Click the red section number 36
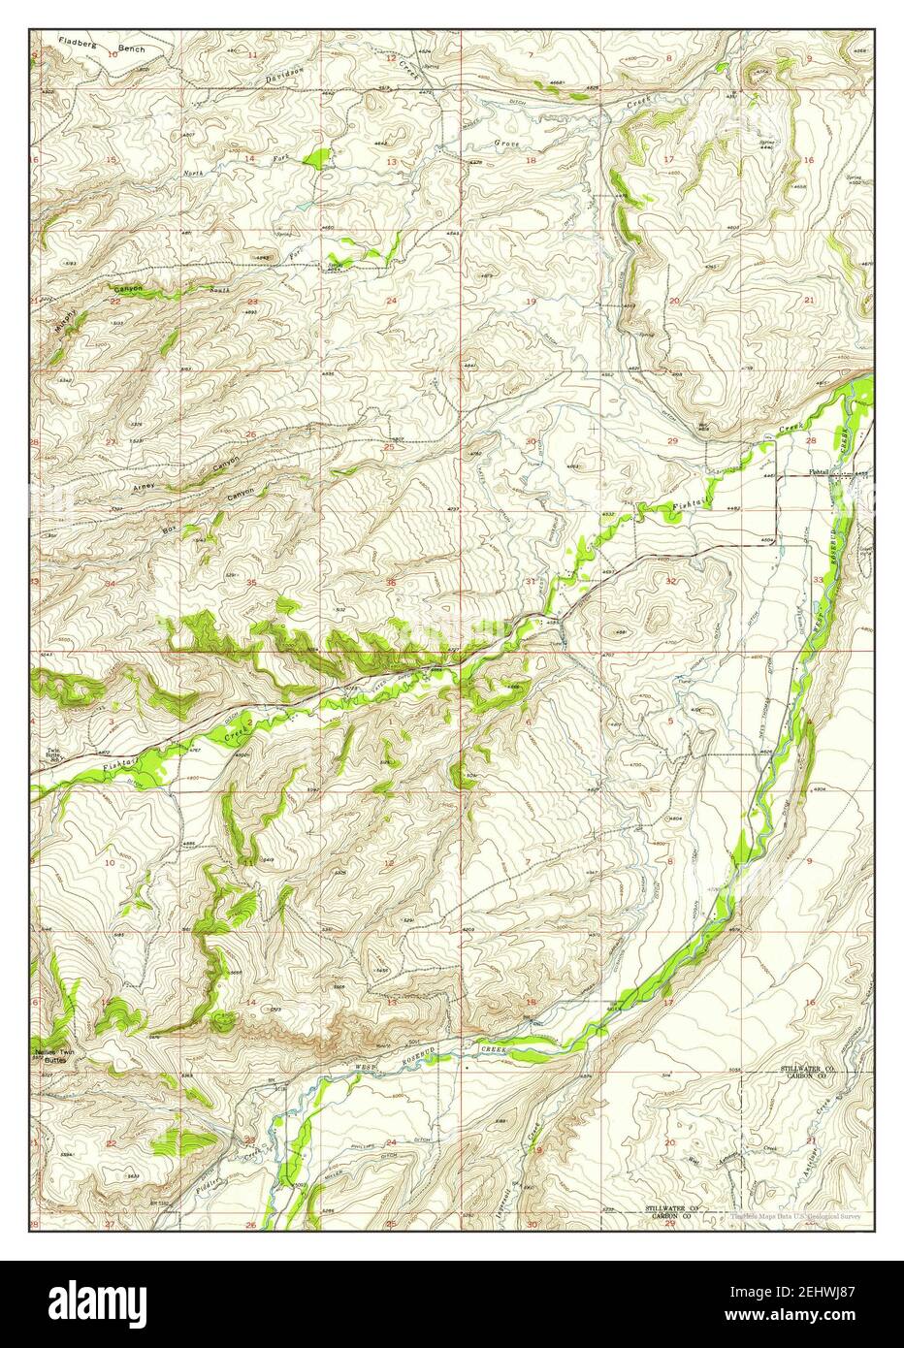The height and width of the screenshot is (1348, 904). click(x=392, y=582)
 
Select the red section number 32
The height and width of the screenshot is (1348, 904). click(x=671, y=581)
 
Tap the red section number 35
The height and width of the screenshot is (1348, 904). click(x=251, y=583)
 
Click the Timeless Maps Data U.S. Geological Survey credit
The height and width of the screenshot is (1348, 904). click(x=795, y=1214)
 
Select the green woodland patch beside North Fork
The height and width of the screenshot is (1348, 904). click(x=315, y=157)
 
